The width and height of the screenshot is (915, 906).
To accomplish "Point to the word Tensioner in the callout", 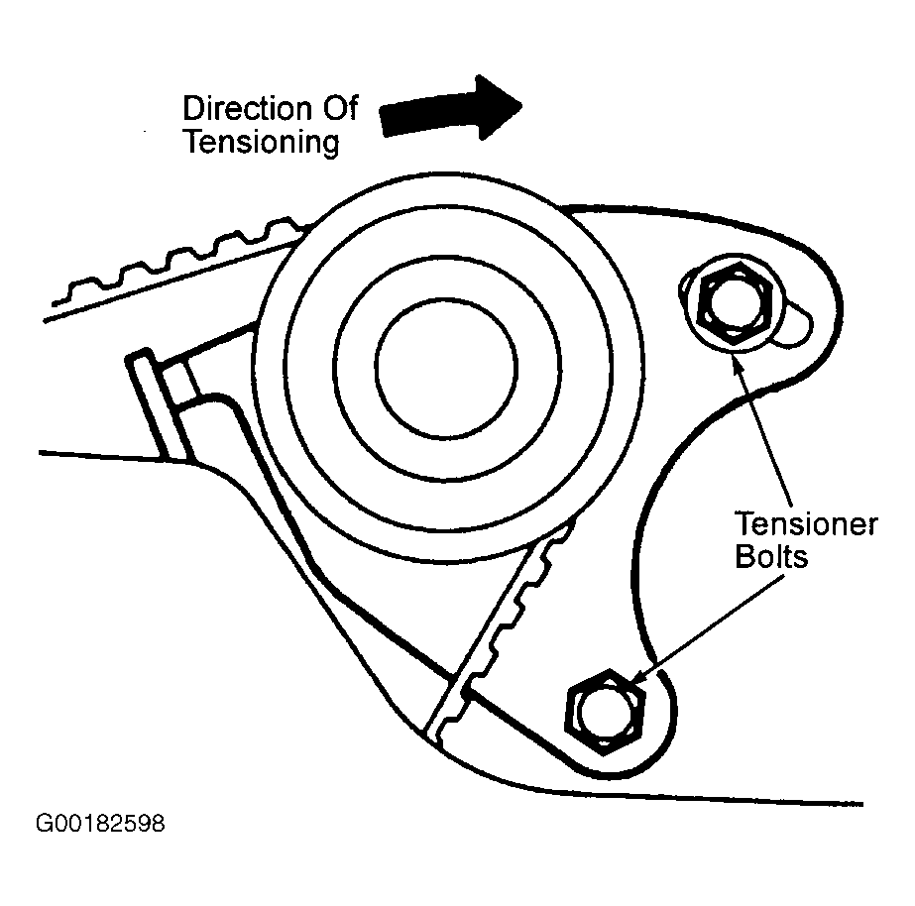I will (x=805, y=523).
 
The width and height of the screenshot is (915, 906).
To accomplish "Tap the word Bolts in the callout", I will (x=771, y=556).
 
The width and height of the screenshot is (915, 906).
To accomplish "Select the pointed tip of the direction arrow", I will (x=519, y=101).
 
